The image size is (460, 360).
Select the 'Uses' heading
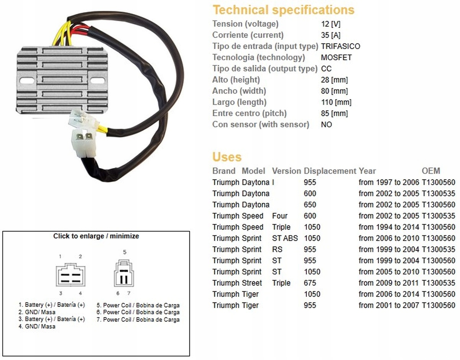[227, 157]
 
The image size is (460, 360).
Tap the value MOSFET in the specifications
[336, 58]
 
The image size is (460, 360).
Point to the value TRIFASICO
[340, 46]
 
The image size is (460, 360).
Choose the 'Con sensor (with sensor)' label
[261, 125]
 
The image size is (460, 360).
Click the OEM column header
[431, 171]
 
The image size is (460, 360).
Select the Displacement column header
[330, 171]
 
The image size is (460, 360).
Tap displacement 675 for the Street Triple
[310, 283]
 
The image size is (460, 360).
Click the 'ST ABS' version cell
[285, 238]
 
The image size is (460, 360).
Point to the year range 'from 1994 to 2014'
[389, 227]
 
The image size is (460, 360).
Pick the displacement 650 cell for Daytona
[310, 205]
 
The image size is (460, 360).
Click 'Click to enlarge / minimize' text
[96, 236]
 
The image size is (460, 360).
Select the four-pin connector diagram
[71, 275]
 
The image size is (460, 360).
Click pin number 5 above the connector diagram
[125, 252]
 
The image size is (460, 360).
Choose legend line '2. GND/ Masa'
[37, 312]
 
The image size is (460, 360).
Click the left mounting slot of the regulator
[25, 81]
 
